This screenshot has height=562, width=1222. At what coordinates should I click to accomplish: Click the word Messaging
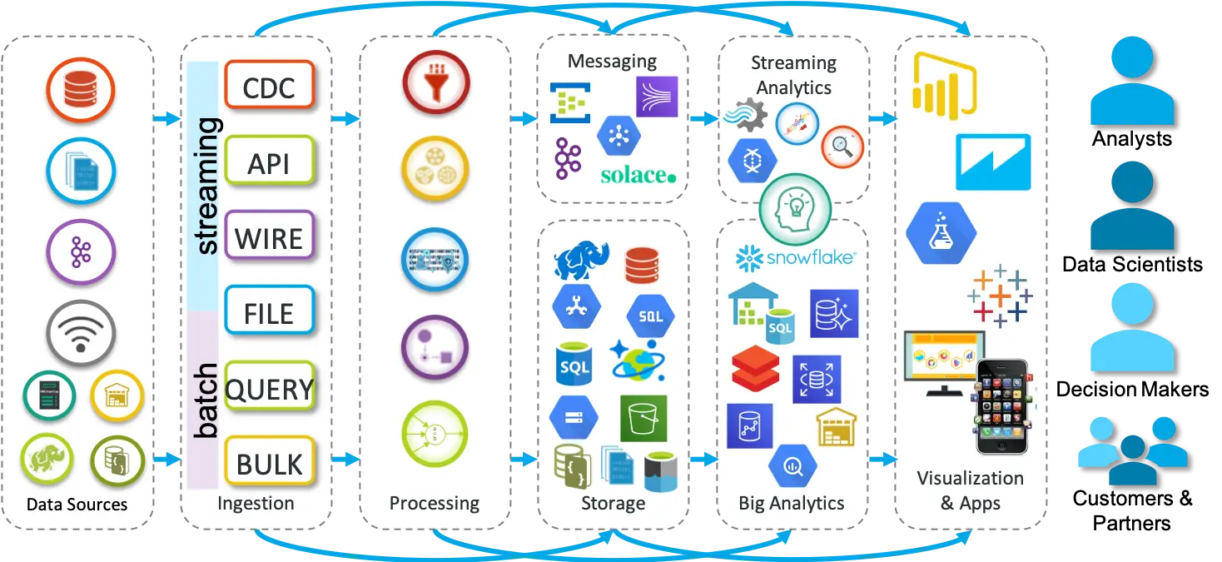click(612, 62)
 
